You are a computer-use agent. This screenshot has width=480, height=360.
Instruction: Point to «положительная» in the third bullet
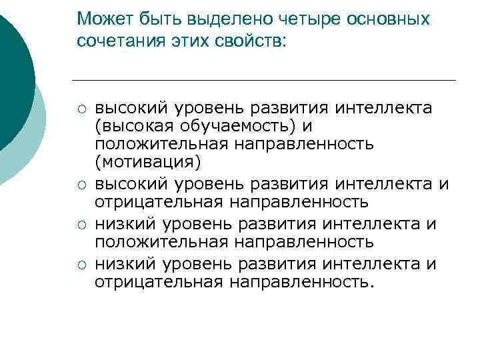click(161, 241)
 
